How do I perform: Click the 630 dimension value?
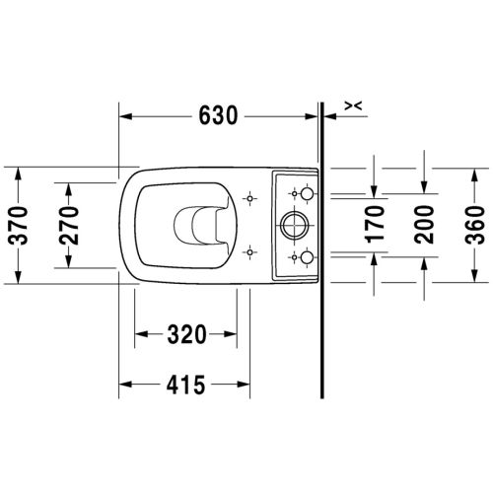(x=218, y=115)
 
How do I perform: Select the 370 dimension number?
(x=19, y=226)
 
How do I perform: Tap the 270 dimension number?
(x=69, y=226)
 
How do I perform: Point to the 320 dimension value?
(x=186, y=334)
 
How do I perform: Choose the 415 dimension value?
(x=185, y=385)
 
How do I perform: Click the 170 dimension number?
(x=375, y=225)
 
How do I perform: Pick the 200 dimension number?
(x=424, y=225)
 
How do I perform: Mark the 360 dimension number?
(x=474, y=225)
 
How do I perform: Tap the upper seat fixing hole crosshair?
(x=249, y=198)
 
